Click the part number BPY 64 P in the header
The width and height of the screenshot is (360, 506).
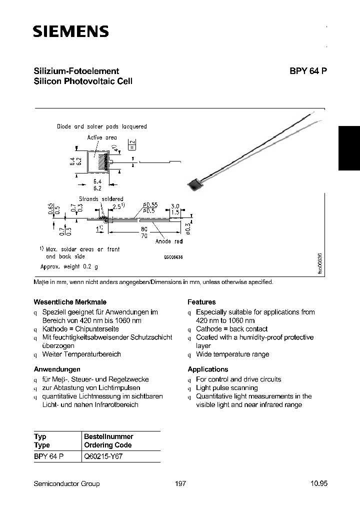coord(308,71)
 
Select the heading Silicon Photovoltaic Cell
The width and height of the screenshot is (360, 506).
coord(82,81)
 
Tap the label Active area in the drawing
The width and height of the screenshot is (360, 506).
coord(102,137)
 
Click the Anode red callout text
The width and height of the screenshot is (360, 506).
coord(169,241)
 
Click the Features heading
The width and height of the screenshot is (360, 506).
coord(201,302)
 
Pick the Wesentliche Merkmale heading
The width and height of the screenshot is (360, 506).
coord(61,302)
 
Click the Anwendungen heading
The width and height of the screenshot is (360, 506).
coord(56,369)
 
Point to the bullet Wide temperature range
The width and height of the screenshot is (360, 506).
coord(232,354)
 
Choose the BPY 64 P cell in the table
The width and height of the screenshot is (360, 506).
coord(48,457)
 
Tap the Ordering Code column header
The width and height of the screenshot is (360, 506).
coord(107,445)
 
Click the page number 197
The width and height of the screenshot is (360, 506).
coord(181,483)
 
